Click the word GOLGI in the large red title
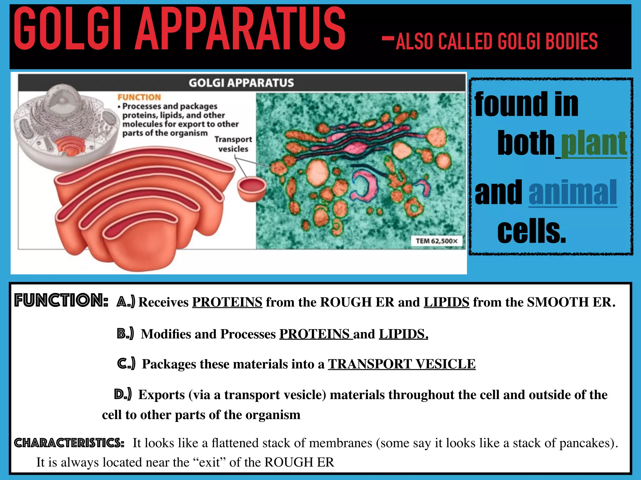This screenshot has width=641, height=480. coord(67,30)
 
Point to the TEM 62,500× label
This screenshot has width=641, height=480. coord(436,241)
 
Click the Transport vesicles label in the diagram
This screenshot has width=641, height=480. coord(233,144)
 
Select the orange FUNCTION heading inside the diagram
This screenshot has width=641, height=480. coord(139,97)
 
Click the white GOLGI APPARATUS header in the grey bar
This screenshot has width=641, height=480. coord(241,83)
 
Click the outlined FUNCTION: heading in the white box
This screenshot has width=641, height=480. coord(61,300)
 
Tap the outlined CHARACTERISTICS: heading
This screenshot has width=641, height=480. coord(69,443)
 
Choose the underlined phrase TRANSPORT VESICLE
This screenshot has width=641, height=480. coord(402,364)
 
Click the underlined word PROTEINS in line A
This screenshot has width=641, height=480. coord(227,302)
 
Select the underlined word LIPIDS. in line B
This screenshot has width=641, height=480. coord(403,334)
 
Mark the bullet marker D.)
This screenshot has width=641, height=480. coord(123,394)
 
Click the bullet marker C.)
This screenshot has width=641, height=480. coord(126,363)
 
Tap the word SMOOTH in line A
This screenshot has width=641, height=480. coord(557,302)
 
